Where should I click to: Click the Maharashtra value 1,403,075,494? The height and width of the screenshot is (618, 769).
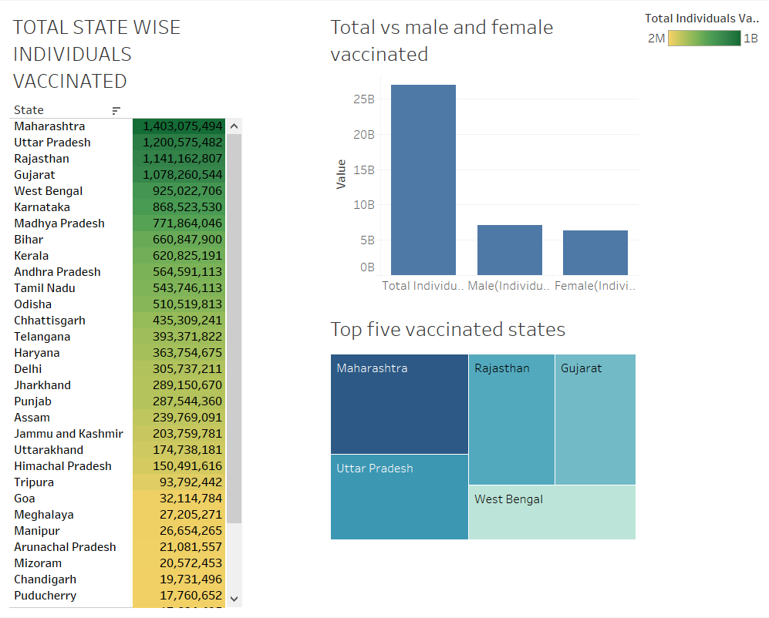click(182, 126)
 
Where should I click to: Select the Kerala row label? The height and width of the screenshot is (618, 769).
click(32, 256)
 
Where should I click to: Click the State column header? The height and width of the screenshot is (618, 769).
click(29, 110)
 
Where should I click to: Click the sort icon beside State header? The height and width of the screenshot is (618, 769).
click(116, 111)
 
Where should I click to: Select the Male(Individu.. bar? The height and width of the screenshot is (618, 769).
click(509, 250)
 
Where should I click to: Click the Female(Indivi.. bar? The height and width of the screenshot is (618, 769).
click(595, 252)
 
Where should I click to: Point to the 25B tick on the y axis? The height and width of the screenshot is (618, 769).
click(364, 99)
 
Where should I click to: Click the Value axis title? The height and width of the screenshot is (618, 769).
click(341, 175)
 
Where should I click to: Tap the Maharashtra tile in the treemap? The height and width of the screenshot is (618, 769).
click(399, 405)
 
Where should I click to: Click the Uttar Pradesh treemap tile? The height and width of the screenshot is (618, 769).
click(399, 497)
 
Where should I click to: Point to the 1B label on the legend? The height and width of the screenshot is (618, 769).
click(750, 39)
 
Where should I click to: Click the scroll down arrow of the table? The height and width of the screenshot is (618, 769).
click(234, 598)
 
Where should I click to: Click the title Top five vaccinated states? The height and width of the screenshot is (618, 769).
click(447, 330)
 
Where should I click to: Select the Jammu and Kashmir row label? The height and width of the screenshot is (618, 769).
click(69, 434)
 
